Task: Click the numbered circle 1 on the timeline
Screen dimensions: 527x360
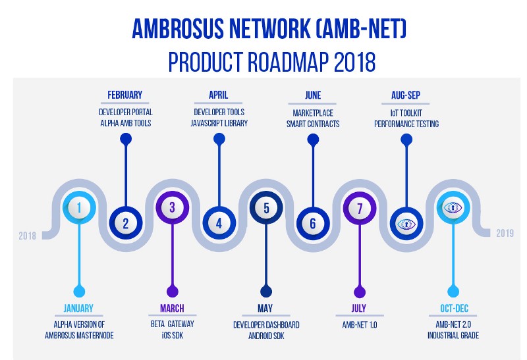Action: click(79, 207)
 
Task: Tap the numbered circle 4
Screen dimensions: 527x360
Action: click(219, 223)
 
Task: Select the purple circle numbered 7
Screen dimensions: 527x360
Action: click(360, 208)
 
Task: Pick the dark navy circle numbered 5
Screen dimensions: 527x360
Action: click(266, 207)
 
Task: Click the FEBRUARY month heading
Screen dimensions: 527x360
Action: click(125, 95)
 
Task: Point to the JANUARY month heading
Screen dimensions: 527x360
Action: click(78, 308)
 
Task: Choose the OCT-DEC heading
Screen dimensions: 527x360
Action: click(454, 308)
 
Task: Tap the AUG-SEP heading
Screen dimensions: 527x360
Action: click(406, 95)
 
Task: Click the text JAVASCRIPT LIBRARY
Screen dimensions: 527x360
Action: click(219, 123)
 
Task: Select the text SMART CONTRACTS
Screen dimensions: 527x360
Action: click(313, 124)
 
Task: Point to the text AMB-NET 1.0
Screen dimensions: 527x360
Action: click(360, 324)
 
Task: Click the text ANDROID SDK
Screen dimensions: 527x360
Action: click(266, 336)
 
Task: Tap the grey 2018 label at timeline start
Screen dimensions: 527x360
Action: click(27, 236)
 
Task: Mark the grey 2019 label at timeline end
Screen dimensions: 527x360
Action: click(505, 233)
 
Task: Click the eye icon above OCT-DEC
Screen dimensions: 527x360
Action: click(453, 207)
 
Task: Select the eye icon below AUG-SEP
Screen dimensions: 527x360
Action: click(406, 224)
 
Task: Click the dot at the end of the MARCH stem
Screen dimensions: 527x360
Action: click(173, 292)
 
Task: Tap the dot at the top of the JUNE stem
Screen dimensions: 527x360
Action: click(313, 140)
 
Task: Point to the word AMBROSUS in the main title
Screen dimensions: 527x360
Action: click(178, 28)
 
